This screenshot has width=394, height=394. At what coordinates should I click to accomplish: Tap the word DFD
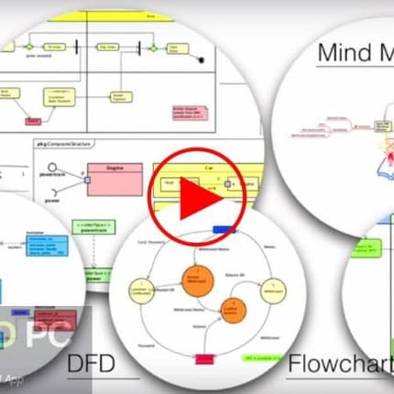tap(91, 363)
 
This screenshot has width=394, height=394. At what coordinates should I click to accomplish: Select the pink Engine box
tap(114, 180)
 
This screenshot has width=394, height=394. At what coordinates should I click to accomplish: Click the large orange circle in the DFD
tap(198, 281)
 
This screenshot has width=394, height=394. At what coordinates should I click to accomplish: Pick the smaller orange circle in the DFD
tap(234, 310)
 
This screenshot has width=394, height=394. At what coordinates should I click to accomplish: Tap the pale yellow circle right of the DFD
tap(273, 291)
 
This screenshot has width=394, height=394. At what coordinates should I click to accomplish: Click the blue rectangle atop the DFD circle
tap(224, 230)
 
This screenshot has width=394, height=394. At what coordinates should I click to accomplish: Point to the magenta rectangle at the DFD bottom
tap(204, 359)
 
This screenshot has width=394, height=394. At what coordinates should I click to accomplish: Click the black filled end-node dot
tap(201, 60)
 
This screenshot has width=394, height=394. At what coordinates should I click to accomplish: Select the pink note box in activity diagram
tap(190, 113)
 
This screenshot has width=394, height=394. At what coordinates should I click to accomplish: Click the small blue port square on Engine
tap(87, 180)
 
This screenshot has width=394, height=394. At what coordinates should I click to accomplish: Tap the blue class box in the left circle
tap(47, 245)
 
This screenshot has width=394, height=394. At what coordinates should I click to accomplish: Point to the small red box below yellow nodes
tap(33, 122)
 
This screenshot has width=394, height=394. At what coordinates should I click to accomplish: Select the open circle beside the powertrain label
tap(52, 167)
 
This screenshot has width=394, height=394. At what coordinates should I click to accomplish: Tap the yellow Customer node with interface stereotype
tap(59, 97)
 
